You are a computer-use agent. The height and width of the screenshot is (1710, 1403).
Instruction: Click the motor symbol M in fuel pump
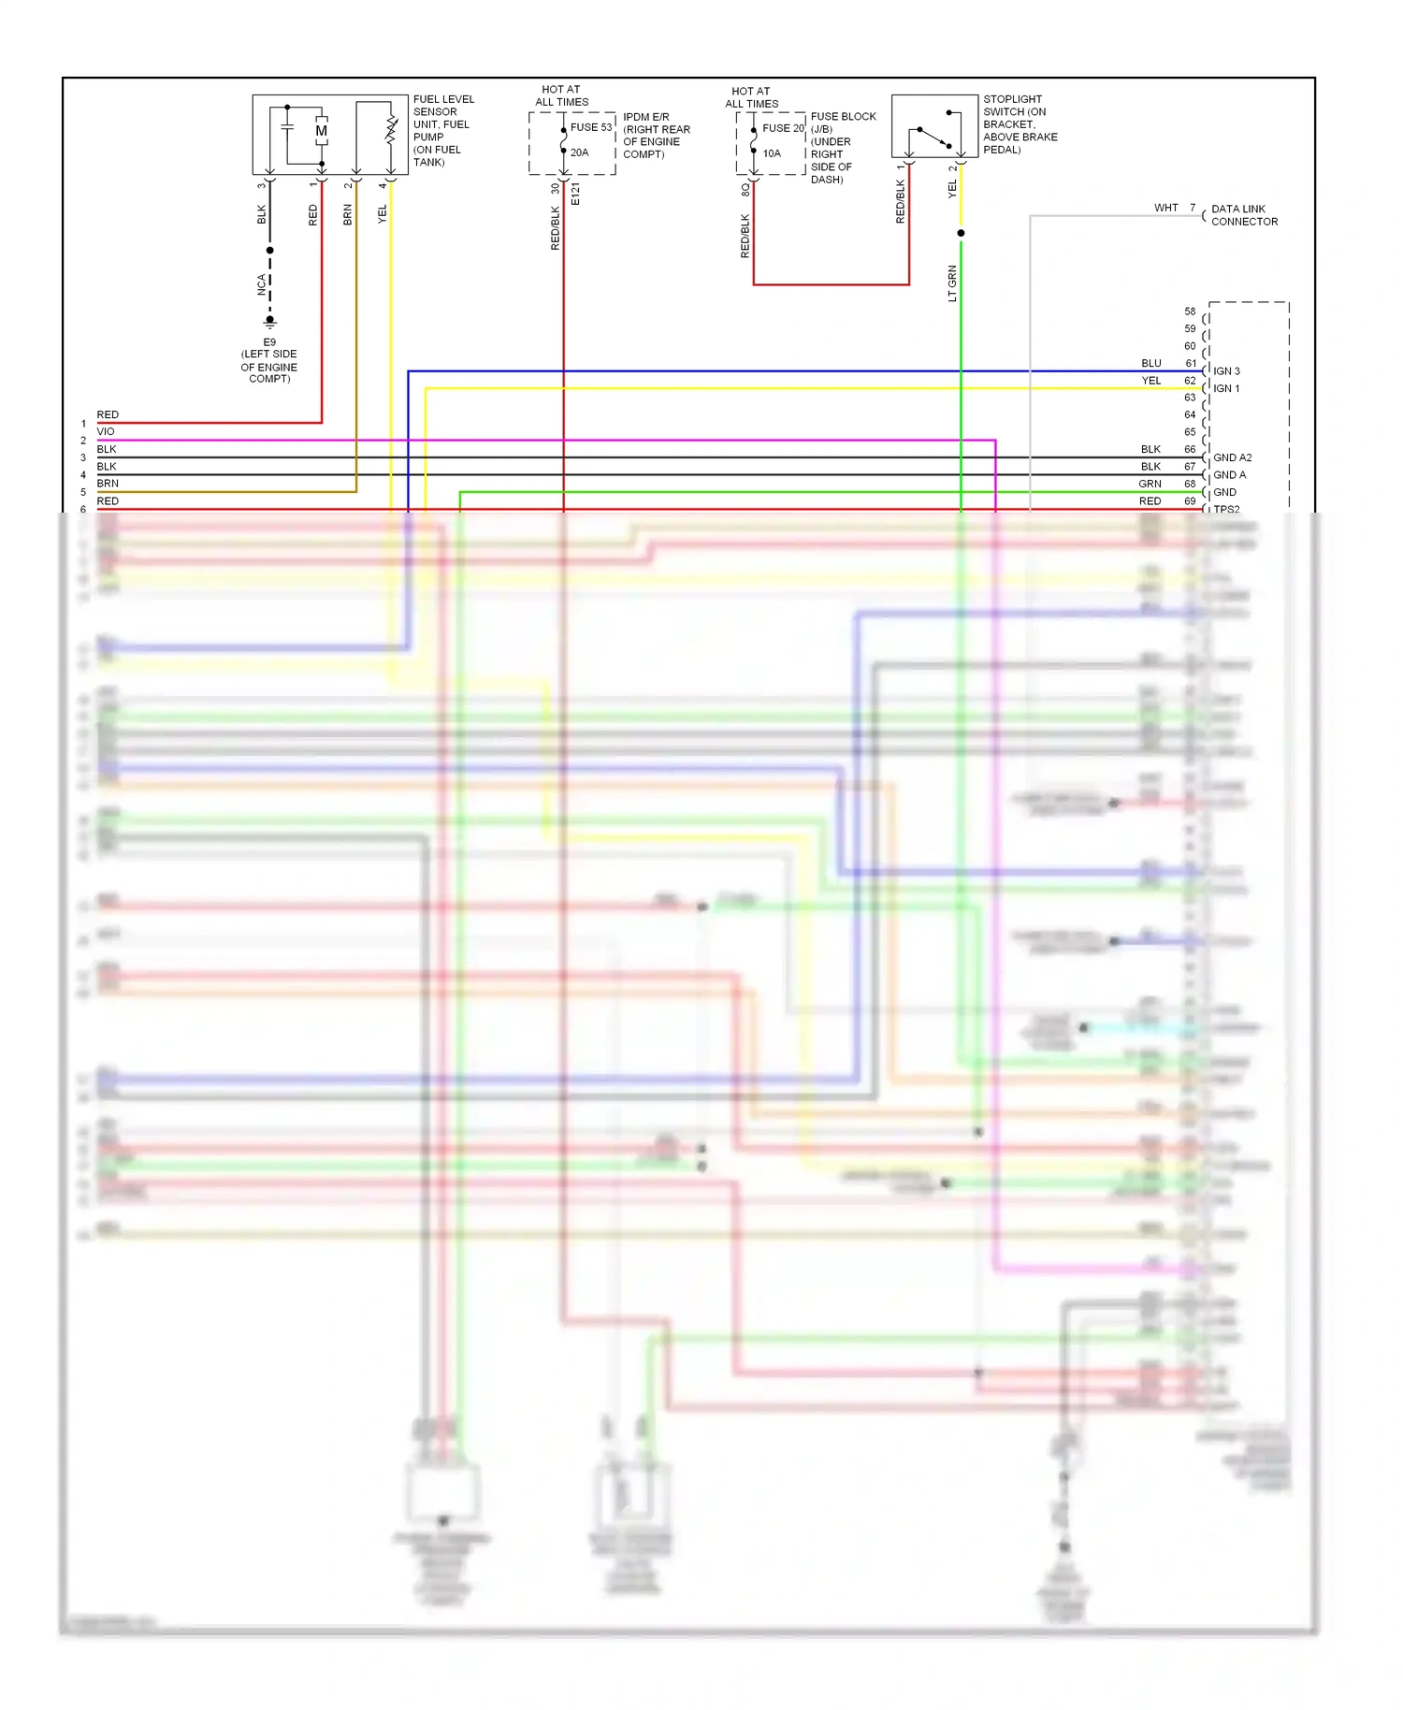tap(321, 131)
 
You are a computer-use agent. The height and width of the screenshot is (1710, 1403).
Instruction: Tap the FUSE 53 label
tap(591, 127)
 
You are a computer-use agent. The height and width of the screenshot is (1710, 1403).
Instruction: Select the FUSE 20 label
tap(783, 128)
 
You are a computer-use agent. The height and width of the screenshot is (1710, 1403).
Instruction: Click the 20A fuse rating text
tap(580, 152)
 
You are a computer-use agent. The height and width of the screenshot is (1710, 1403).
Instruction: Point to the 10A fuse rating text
tap(772, 153)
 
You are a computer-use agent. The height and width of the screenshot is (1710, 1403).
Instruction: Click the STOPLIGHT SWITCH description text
tap(1020, 124)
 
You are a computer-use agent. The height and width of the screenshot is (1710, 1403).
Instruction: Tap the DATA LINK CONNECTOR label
tap(1244, 215)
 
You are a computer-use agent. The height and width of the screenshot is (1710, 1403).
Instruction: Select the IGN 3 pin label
tap(1226, 371)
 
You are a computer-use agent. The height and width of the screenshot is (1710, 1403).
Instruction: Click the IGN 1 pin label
tap(1226, 388)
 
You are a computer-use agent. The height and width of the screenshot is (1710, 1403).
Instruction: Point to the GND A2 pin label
tap(1232, 457)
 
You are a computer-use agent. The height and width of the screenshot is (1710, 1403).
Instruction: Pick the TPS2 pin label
tap(1226, 510)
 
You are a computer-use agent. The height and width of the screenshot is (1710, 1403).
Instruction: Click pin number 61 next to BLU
tap(1190, 363)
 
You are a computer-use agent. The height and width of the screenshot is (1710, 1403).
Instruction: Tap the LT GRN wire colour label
tap(952, 283)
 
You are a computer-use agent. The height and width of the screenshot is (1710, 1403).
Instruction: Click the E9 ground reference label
tap(269, 342)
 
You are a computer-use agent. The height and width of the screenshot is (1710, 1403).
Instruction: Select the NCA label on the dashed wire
tap(261, 284)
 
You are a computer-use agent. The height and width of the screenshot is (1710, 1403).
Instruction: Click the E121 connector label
tap(575, 195)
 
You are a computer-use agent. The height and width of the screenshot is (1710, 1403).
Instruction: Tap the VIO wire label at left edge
tap(106, 432)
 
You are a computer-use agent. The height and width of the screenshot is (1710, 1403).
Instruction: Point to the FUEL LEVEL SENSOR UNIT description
tap(443, 130)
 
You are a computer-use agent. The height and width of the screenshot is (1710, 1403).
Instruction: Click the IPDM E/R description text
tap(657, 136)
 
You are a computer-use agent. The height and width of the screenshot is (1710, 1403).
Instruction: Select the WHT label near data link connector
tap(1165, 208)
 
